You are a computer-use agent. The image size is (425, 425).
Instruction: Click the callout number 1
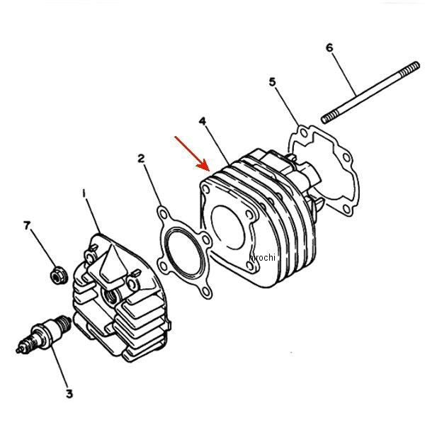84,193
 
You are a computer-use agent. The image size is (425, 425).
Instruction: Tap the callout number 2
141,158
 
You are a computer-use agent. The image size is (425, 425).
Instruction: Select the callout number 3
69,394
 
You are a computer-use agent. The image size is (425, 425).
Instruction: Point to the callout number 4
202,121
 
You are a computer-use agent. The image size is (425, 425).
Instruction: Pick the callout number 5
272,81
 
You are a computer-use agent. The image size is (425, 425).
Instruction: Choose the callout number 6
329,47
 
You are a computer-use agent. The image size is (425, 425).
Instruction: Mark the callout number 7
26,225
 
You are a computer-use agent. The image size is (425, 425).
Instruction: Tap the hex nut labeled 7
59,275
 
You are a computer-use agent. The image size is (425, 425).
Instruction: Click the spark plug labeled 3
44,334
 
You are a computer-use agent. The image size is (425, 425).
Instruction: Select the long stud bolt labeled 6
370,93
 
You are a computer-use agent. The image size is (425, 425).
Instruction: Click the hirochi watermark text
262,257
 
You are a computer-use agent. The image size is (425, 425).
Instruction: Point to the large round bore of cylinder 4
227,227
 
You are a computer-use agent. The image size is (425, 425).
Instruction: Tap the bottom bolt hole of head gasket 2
206,291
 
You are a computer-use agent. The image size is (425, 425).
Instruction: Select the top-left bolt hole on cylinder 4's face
206,190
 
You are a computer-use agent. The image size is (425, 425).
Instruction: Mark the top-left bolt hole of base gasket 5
304,133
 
